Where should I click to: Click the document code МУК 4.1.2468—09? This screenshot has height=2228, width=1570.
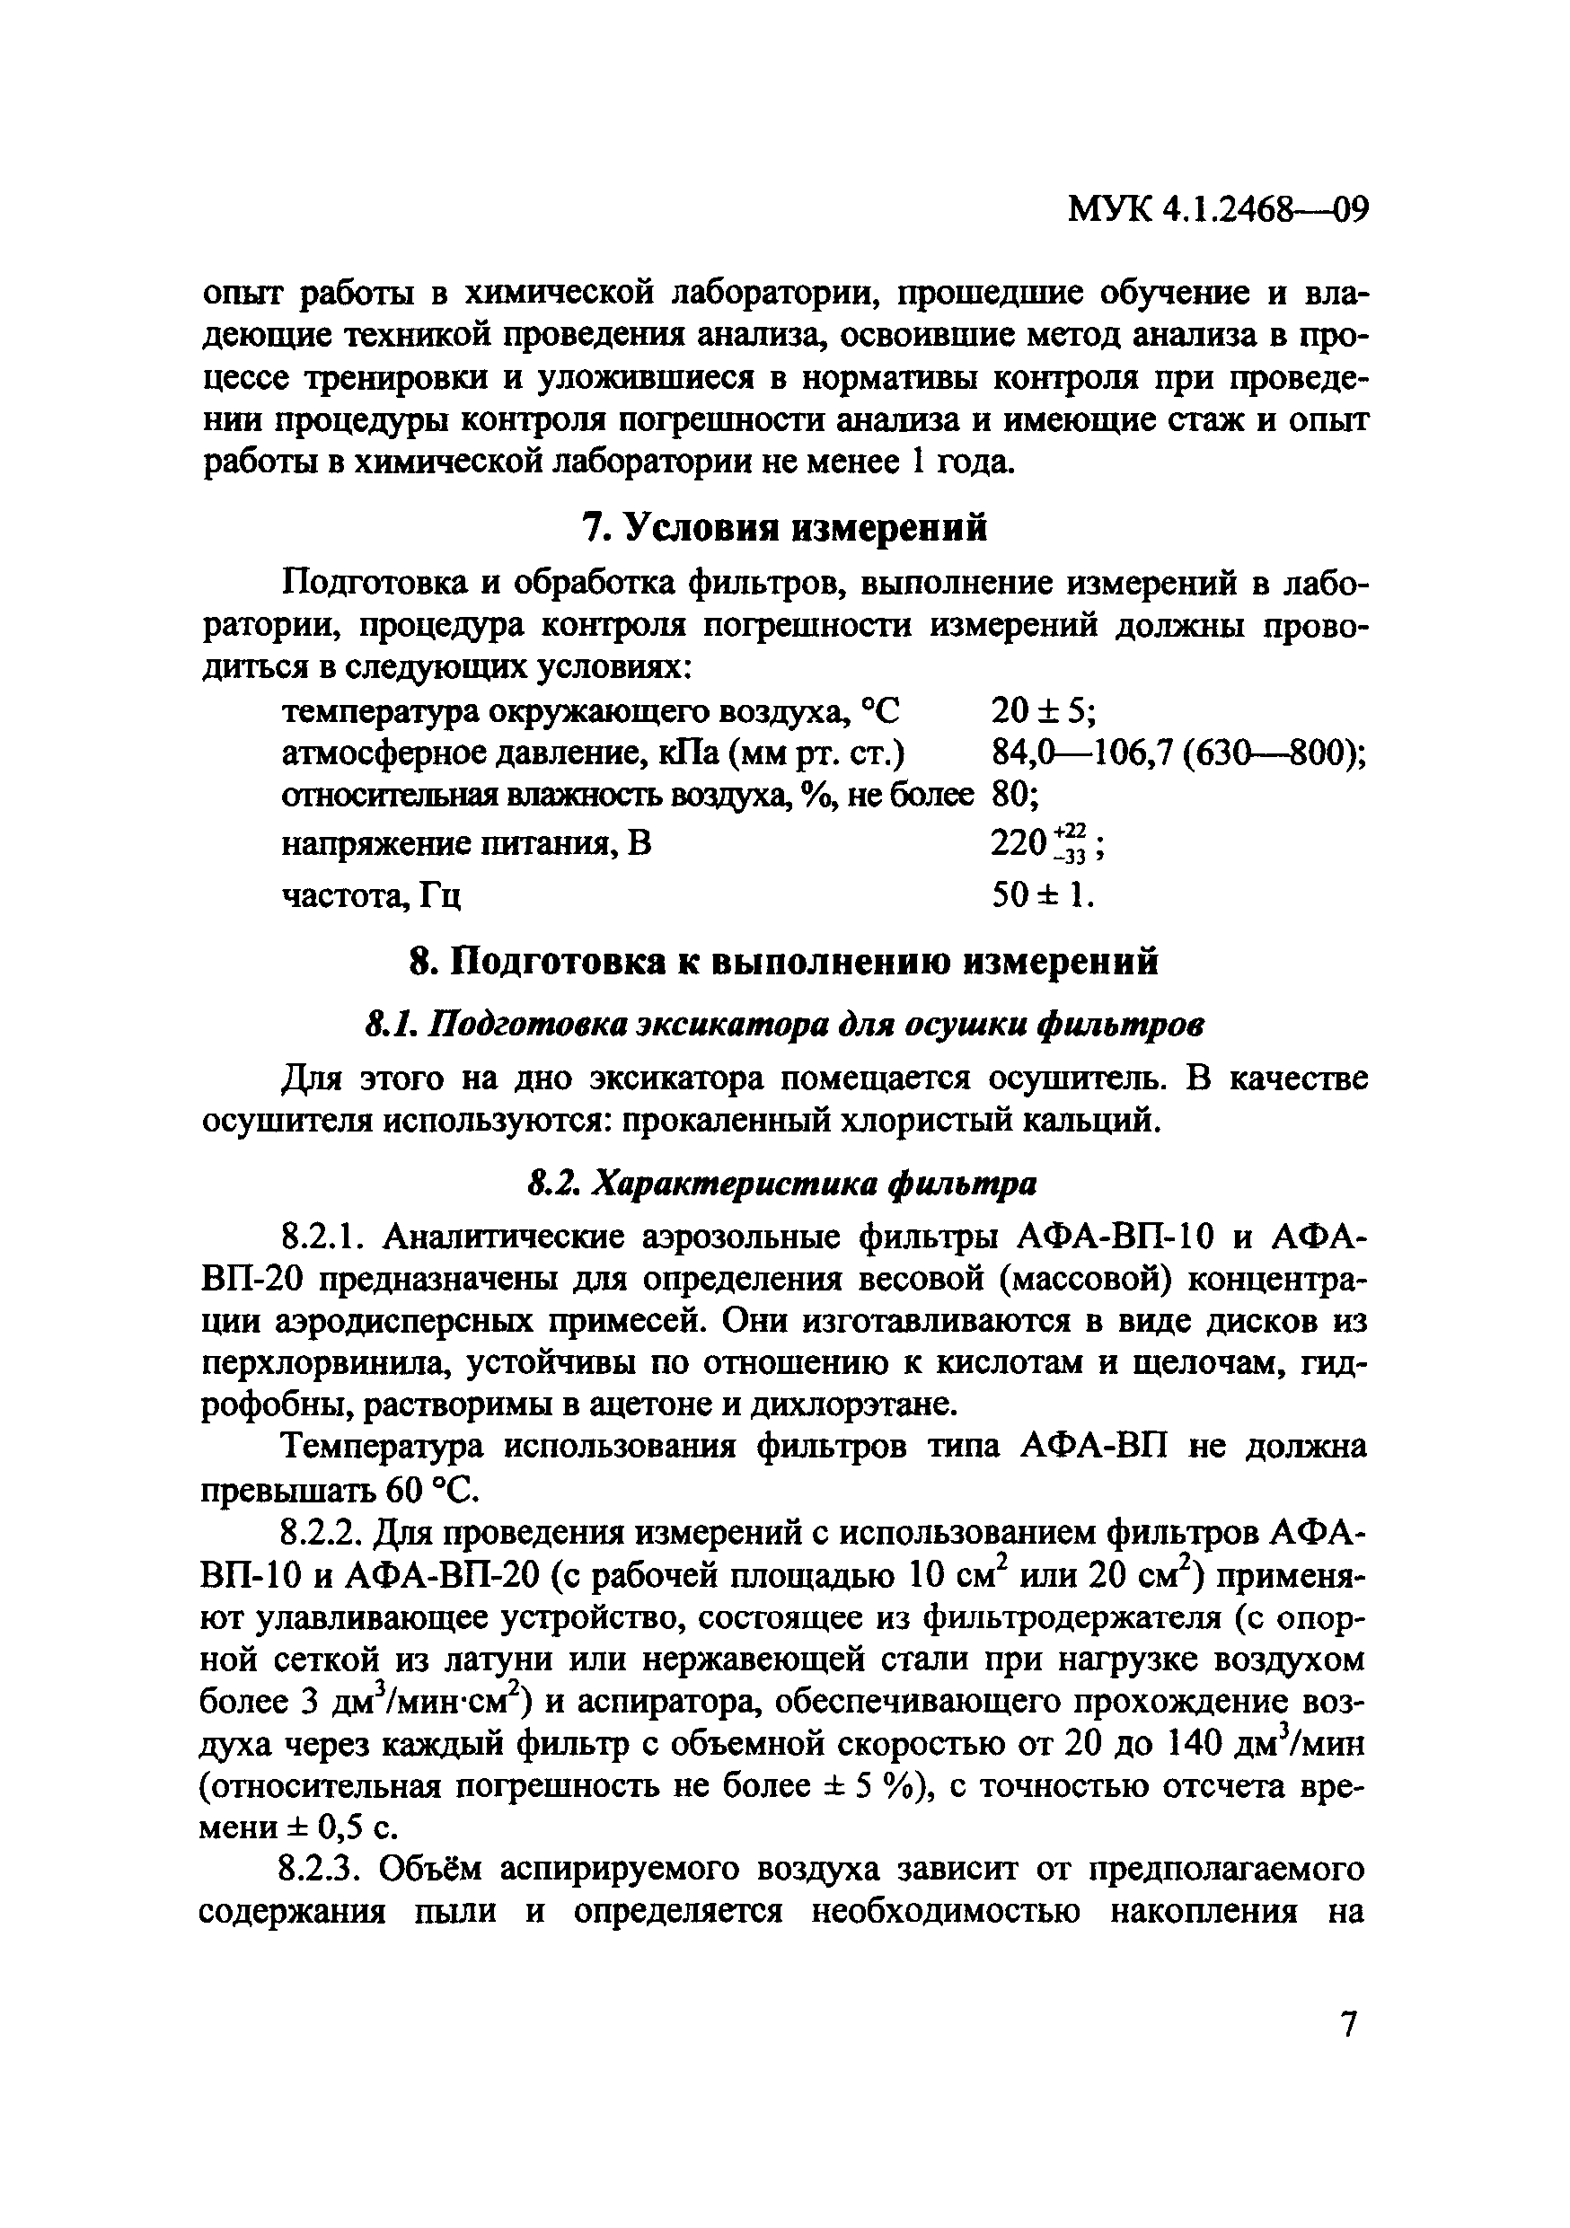pyautogui.click(x=1218, y=237)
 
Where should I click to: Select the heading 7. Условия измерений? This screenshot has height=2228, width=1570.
pyautogui.click(x=784, y=527)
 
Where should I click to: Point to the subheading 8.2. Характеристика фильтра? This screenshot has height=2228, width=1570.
pyautogui.click(x=782, y=1184)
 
